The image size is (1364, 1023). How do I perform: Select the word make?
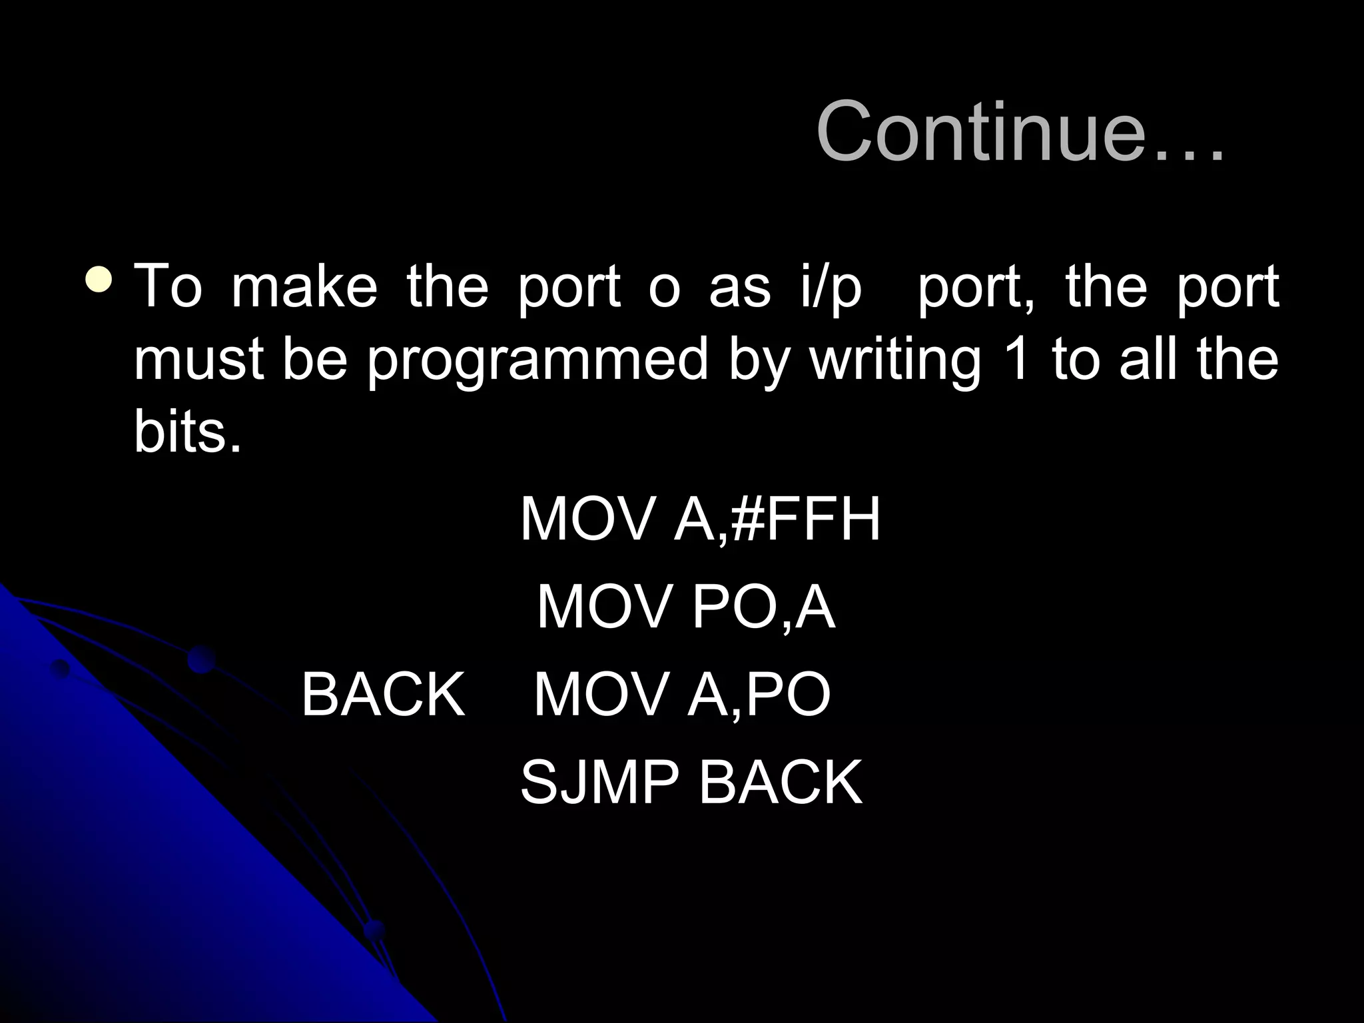304,287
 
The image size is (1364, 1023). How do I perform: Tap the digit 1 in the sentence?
1018,360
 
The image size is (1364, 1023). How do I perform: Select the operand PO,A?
763,607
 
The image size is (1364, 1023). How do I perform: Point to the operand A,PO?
759,694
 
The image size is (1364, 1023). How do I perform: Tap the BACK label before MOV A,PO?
383,694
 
